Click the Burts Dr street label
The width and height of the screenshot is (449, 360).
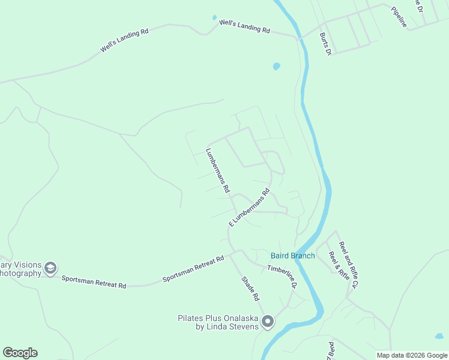(x=325, y=44)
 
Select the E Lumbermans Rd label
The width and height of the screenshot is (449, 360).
(x=249, y=208)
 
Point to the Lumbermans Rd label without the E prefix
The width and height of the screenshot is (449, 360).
(x=217, y=170)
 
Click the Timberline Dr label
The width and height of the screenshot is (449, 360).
(x=282, y=277)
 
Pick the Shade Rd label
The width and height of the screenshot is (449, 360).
(x=250, y=289)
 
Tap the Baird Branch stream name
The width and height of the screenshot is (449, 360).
(x=293, y=256)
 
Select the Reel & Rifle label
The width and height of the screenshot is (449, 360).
(x=339, y=266)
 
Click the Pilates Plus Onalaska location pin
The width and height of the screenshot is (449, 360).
(x=268, y=322)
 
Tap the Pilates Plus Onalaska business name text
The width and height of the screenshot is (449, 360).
(x=218, y=322)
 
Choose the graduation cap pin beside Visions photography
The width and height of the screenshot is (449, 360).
(x=51, y=268)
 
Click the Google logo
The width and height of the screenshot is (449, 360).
(x=20, y=353)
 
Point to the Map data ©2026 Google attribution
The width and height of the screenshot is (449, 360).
(x=412, y=355)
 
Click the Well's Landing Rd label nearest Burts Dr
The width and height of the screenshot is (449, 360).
(x=245, y=26)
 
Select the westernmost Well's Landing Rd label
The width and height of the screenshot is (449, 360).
(x=124, y=41)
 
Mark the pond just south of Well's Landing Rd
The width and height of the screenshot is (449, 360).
(x=276, y=66)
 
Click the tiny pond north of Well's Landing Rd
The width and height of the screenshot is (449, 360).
(x=214, y=17)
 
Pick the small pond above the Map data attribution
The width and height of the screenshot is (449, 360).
(x=439, y=337)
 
